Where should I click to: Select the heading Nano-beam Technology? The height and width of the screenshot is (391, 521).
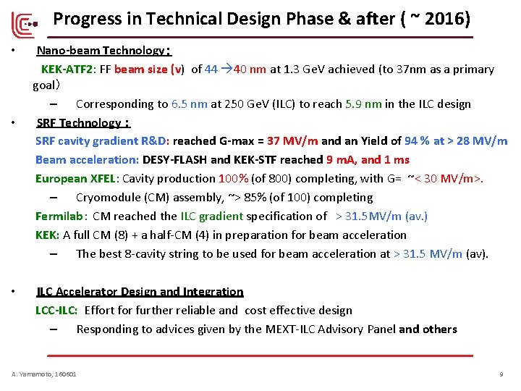101,51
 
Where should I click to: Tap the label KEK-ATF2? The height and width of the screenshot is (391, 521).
67,70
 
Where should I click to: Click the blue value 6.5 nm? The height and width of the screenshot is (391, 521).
190,104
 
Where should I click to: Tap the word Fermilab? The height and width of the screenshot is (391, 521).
60,216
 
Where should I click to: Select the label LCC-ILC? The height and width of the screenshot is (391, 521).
56,311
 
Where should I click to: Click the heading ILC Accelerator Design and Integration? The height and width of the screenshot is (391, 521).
140,292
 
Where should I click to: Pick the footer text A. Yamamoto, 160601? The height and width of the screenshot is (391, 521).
44,374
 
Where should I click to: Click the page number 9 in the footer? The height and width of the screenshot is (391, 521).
501,374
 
